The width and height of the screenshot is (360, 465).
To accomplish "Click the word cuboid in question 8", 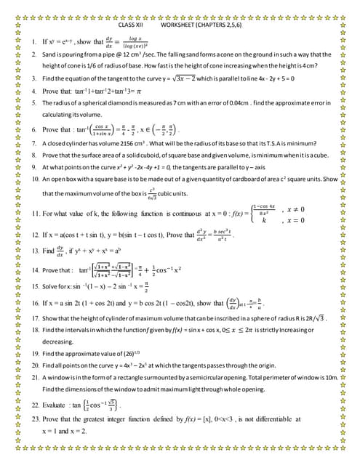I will tap(166, 155).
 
